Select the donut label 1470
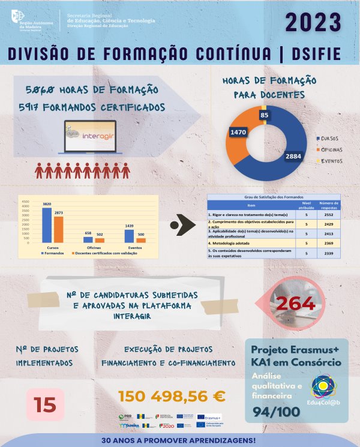click(239, 131)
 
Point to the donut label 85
click(264, 114)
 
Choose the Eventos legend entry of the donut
click(329, 161)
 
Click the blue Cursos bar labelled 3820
click(46, 225)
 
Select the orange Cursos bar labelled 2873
click(59, 229)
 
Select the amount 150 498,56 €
click(172, 396)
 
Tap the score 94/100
click(276, 413)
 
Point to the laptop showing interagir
click(92, 137)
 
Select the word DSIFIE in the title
click(316, 55)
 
